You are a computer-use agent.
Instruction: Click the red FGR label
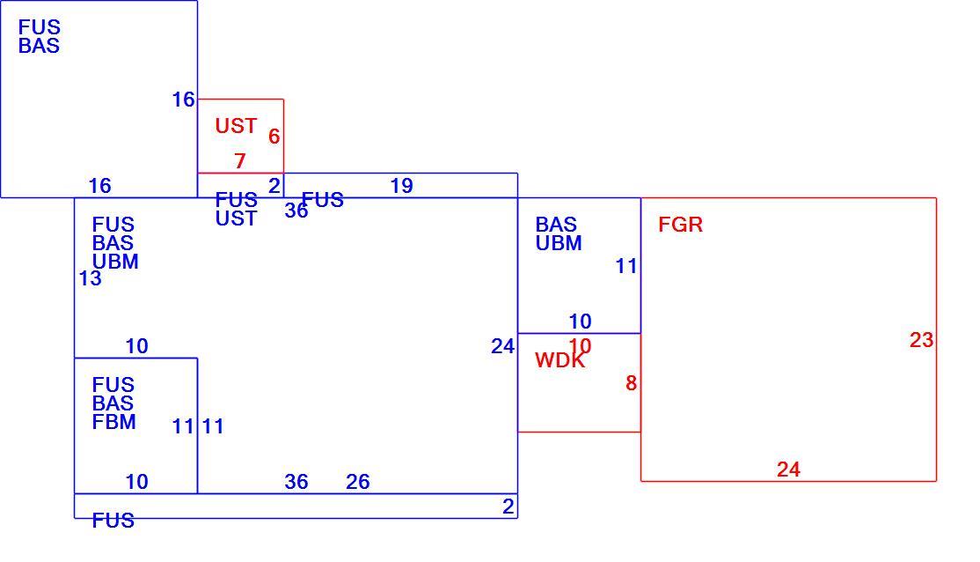[x=680, y=224]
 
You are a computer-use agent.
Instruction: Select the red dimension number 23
[x=921, y=340]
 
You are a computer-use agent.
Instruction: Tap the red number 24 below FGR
[x=788, y=470]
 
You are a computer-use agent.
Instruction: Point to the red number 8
[x=632, y=383]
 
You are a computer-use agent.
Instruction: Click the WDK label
[x=560, y=360]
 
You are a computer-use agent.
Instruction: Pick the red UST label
[x=236, y=126]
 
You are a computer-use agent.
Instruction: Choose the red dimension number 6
[x=274, y=137]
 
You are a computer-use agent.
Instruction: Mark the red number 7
[x=240, y=161]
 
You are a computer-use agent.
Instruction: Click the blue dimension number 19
[x=401, y=186]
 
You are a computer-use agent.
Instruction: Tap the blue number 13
[x=90, y=278]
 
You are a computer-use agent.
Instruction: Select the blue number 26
[x=357, y=482]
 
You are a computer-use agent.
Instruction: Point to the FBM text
[x=113, y=422]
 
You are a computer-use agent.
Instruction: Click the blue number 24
[x=502, y=346]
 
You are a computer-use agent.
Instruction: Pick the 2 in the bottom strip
[x=508, y=507]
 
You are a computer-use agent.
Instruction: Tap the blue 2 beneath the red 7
[x=274, y=186]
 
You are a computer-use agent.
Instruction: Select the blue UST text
[x=236, y=218]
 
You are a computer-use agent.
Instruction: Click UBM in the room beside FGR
[x=558, y=243]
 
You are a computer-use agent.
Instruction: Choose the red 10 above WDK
[x=580, y=345]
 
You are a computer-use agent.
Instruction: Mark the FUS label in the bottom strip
[x=113, y=520]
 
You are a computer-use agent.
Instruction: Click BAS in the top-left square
[x=39, y=46]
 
